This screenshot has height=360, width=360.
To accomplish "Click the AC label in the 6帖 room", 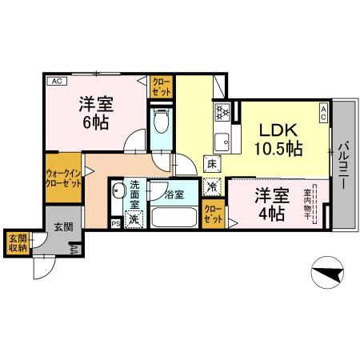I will [x=56, y=81].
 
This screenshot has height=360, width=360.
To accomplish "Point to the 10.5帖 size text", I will [x=278, y=149].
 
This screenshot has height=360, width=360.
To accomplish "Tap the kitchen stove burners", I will [x=221, y=113].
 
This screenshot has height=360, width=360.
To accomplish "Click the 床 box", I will [x=211, y=165].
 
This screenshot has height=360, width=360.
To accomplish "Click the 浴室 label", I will [x=174, y=194].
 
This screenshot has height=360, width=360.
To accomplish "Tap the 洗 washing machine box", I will [x=134, y=220].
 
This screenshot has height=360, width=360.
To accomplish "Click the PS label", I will [x=116, y=224].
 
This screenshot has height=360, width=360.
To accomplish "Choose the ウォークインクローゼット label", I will [x=63, y=178].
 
